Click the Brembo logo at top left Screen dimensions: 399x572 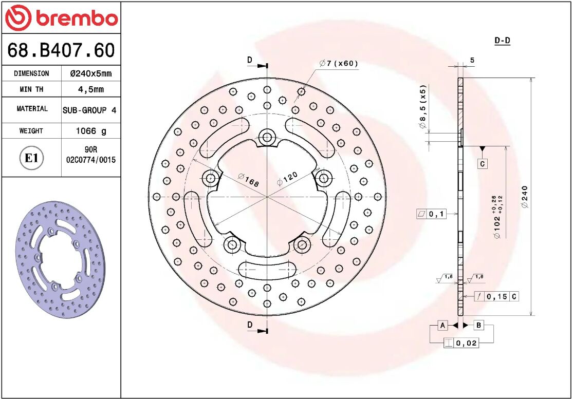pyautogui.click(x=61, y=18)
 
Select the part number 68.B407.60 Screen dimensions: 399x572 pyautogui.click(x=61, y=50)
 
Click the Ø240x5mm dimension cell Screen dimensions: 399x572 pyautogui.click(x=90, y=73)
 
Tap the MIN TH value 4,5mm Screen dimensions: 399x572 pyautogui.click(x=90, y=89)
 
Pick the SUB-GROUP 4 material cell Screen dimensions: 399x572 pyautogui.click(x=89, y=110)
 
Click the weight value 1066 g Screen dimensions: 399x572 pyautogui.click(x=91, y=131)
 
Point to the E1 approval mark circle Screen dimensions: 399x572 pyautogui.click(x=31, y=158)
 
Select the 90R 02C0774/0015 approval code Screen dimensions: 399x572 pyautogui.click(x=91, y=155)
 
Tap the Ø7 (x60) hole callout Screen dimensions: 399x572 pyautogui.click(x=338, y=64)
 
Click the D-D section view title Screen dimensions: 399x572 pyautogui.click(x=502, y=41)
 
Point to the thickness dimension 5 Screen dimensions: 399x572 pyautogui.click(x=472, y=60)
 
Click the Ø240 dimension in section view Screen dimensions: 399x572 pyautogui.click(x=525, y=197)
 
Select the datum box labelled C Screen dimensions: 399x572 pyautogui.click(x=482, y=164)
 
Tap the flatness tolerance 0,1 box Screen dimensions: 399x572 pyautogui.click(x=431, y=214)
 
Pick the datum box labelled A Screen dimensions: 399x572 pyautogui.click(x=442, y=325)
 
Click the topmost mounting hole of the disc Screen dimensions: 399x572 pyautogui.click(x=267, y=137)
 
